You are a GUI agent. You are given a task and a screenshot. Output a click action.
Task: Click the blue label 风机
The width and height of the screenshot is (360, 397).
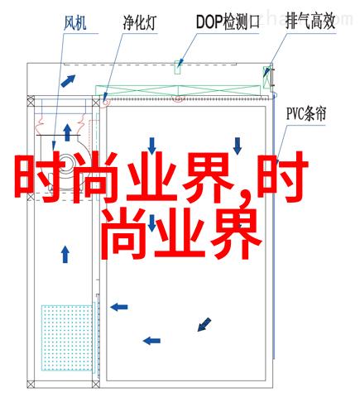[74, 23]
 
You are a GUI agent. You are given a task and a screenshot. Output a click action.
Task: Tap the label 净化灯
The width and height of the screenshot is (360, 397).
[140, 22]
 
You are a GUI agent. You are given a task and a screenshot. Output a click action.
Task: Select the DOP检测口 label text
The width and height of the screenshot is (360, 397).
[228, 22]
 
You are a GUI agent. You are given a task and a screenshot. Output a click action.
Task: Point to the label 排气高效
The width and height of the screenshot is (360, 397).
[310, 22]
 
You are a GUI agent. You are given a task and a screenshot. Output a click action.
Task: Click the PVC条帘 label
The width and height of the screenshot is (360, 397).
[306, 113]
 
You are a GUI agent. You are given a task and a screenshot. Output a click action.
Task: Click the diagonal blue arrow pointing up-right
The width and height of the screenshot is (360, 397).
[68, 81]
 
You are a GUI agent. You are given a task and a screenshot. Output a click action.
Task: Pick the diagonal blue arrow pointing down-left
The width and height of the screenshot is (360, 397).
[204, 324]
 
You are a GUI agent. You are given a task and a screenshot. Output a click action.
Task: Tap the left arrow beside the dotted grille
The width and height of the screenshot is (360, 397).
[119, 307]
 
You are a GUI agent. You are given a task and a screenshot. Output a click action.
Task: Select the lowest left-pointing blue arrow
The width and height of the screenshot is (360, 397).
[151, 341]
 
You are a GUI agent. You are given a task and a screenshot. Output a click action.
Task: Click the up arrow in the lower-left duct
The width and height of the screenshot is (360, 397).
[65, 255]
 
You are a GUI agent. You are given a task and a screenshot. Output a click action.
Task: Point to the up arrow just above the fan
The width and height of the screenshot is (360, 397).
[67, 132]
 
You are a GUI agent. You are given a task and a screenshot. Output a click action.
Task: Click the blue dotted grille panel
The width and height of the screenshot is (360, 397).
[66, 337]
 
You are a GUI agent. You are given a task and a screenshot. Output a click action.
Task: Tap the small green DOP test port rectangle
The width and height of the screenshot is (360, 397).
[177, 67]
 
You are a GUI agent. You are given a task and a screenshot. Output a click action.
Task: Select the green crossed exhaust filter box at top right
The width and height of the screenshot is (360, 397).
[266, 77]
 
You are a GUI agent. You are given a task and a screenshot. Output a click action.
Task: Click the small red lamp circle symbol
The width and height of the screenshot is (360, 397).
[105, 103]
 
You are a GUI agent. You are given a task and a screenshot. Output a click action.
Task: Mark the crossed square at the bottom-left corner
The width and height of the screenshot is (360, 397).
[31, 384]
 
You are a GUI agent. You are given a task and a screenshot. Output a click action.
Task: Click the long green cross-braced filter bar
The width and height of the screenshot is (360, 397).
[178, 90]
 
